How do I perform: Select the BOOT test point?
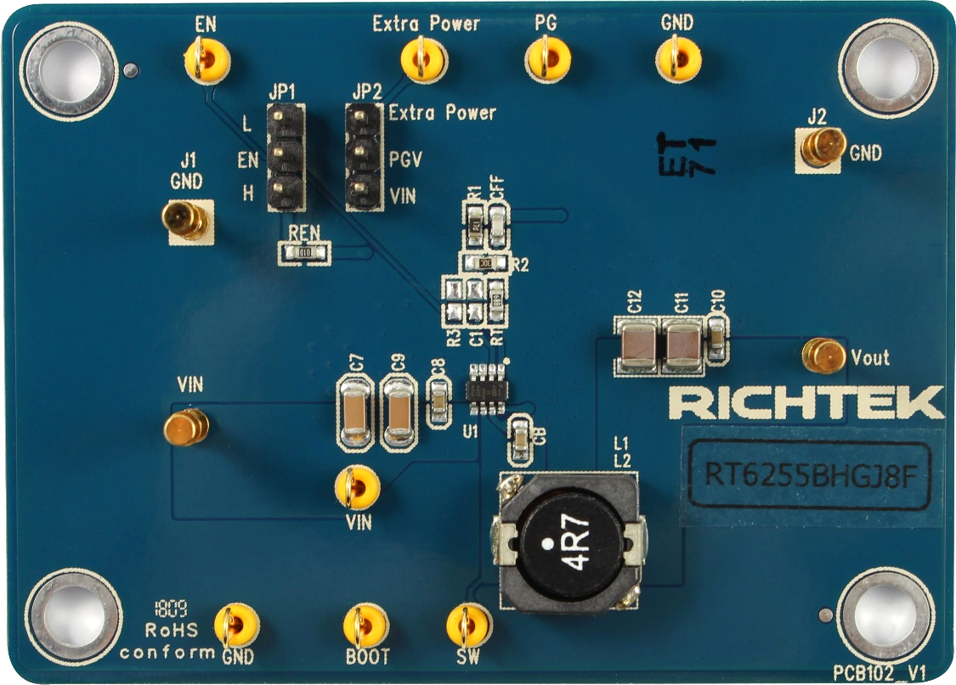pyautogui.click(x=366, y=626)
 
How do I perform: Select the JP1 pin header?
pyautogui.click(x=285, y=158)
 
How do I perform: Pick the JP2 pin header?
pyautogui.click(x=364, y=158)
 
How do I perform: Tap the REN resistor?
pyautogui.click(x=304, y=252)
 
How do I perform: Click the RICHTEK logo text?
pyautogui.click(x=806, y=404)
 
